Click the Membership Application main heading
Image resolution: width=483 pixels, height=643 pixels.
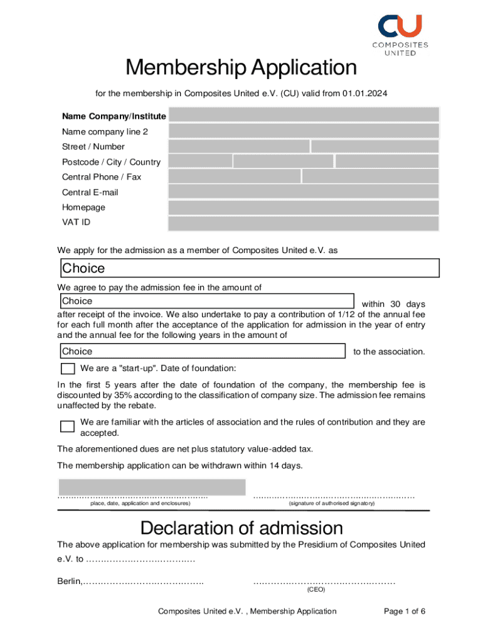241,67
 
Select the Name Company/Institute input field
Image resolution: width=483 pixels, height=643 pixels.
304,115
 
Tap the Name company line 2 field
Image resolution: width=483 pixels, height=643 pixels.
304,131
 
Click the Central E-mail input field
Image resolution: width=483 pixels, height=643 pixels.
304,192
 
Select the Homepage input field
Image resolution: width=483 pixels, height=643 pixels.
304,207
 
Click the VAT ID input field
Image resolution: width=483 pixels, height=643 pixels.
304,223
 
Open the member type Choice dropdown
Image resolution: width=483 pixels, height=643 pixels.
249,268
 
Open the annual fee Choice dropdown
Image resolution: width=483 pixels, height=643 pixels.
202,351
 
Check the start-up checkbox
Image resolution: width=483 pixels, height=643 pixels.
67,369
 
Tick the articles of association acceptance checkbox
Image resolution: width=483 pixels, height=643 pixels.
67,427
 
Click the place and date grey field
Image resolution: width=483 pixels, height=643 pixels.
151,487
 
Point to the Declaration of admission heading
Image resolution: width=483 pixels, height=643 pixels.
242,527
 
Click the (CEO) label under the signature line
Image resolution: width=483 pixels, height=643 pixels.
316,590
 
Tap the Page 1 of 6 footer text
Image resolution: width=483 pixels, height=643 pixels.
404,611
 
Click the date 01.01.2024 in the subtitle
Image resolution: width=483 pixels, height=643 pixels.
364,93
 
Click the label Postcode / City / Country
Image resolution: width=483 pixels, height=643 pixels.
111,162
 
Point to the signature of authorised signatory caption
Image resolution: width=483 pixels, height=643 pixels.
331,504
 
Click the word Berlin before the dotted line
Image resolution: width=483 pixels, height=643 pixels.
69,581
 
